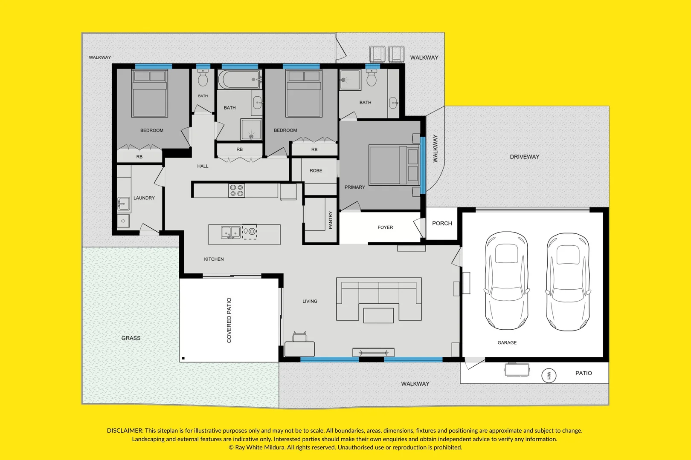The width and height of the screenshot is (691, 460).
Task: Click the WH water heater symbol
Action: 549,376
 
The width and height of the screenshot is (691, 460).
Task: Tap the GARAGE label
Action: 507,342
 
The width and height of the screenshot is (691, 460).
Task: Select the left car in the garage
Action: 507,281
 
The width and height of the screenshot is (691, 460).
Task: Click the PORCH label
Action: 442,223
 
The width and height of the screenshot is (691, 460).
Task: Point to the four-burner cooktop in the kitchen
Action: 237,190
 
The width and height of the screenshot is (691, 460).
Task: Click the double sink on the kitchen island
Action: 230,233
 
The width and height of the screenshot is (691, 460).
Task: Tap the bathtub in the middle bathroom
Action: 239,80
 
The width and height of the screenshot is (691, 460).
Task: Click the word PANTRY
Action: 331,220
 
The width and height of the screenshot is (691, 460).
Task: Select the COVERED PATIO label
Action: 229,320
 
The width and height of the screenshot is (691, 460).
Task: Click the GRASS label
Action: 131,338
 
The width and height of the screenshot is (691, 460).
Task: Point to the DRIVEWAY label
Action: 525,157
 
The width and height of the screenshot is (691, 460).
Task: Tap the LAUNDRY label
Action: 144,198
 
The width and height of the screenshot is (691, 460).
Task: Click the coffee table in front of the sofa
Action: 378,316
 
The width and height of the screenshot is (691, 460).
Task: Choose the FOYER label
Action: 385,227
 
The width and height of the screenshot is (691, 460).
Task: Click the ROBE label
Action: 316,171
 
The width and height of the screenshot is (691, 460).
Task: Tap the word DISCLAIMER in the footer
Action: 125,431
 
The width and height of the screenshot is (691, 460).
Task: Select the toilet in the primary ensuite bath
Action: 372,78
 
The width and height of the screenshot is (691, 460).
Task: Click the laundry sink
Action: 124,204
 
